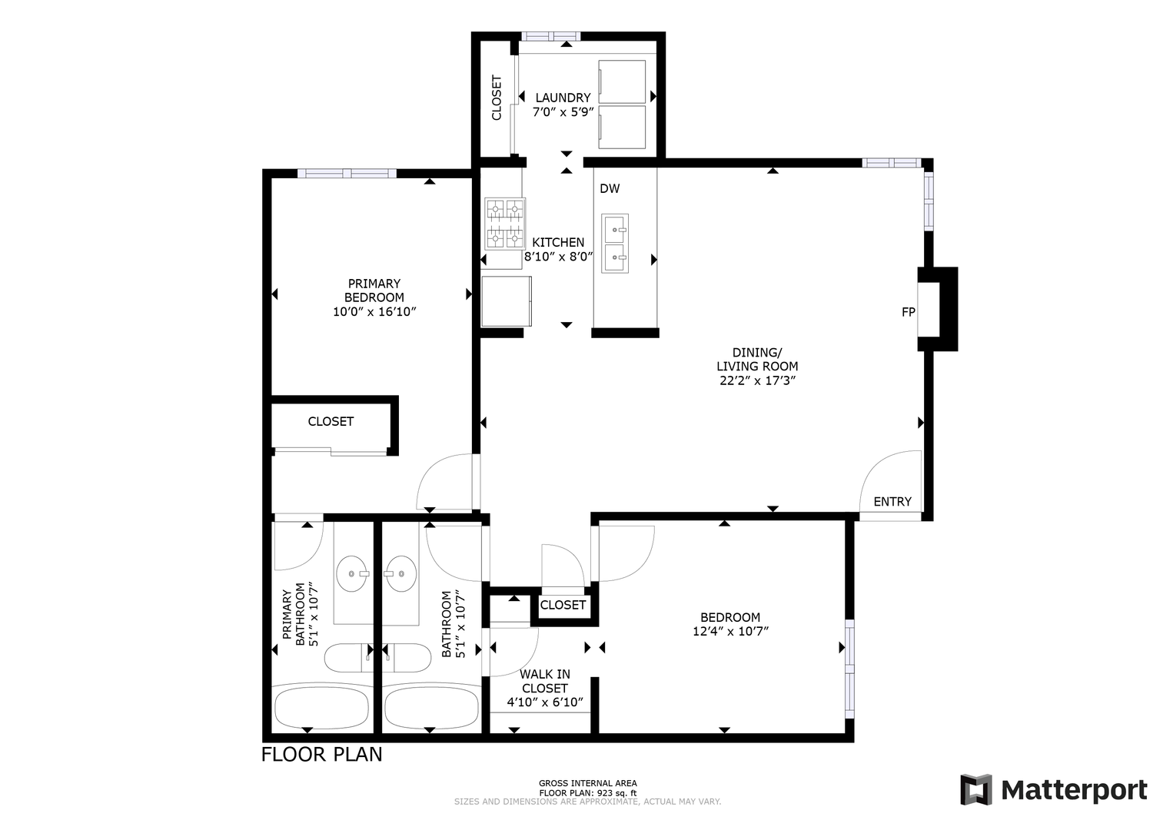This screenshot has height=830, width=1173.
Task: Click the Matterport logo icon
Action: point(976,789)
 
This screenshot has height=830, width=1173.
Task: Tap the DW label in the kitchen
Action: point(610,188)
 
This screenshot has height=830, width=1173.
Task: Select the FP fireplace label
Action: point(908,312)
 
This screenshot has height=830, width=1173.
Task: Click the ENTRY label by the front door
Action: point(892,502)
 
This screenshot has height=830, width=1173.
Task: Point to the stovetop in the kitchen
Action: point(505,224)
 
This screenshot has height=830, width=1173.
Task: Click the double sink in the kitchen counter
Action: point(614,243)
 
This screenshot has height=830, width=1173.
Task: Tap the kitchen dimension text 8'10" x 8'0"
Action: point(558,257)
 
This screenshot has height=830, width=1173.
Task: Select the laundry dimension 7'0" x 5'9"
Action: point(563,112)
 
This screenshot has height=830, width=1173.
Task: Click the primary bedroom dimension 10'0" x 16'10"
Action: point(374,312)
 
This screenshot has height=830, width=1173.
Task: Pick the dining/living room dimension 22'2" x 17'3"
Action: point(757,380)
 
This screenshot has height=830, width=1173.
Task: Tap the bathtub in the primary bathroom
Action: point(321,707)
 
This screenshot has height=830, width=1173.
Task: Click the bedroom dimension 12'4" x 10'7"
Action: point(730,632)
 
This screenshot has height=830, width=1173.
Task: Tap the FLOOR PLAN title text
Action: point(321,755)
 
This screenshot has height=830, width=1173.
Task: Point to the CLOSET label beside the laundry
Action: point(497,98)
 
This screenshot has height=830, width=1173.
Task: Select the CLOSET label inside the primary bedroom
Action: point(331,422)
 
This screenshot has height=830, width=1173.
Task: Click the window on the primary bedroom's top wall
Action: point(347,174)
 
